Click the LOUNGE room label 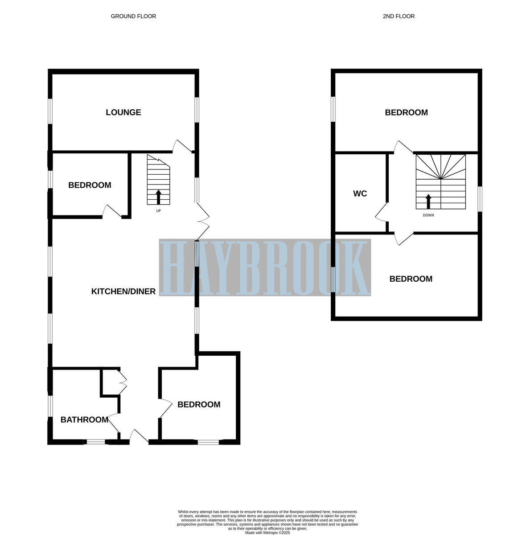click(123, 112)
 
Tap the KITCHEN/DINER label click(123, 292)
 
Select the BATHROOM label click(84, 420)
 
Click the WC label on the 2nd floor click(360, 193)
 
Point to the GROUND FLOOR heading click(133, 16)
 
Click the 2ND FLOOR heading click(399, 16)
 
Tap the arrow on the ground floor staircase click(158, 196)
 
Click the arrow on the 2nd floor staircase click(429, 201)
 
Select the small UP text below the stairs click(158, 211)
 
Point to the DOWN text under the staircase click(428, 215)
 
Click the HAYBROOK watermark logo click(265, 267)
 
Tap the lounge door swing click(181, 146)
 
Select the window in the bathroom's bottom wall click(95, 442)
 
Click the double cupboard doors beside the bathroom click(123, 382)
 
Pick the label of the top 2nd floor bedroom click(406, 113)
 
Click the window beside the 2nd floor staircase click(480, 198)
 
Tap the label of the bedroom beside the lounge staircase click(90, 185)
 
